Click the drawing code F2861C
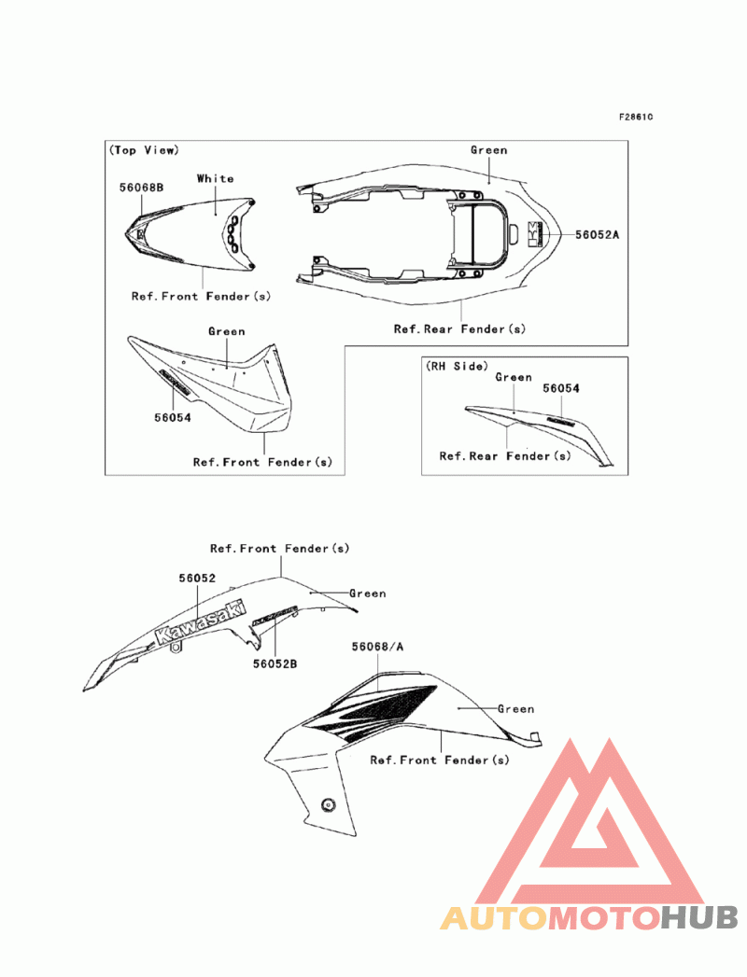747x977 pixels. tap(636, 118)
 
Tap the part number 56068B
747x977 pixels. tap(141, 187)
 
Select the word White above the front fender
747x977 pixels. tap(215, 178)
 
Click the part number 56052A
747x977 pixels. tap(597, 235)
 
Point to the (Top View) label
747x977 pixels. tap(144, 150)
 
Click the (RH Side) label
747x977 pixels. tap(458, 366)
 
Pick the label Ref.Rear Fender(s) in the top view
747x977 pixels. tap(458, 328)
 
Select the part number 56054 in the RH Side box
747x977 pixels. tap(561, 387)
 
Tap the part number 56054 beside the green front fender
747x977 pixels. tap(173, 417)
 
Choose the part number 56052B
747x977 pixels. tap(275, 663)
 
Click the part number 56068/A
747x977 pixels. tap(378, 646)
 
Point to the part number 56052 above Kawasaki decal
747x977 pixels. tap(198, 578)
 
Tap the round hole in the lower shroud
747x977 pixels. tap(328, 804)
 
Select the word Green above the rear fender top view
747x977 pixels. tap(488, 149)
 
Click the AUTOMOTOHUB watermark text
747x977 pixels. tap(589, 918)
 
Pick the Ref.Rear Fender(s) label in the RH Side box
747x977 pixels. tap(504, 456)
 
